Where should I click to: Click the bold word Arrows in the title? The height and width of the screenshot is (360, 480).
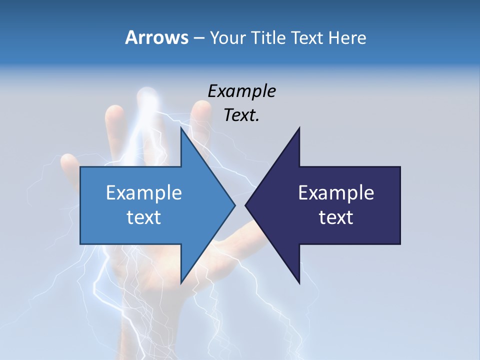(156, 37)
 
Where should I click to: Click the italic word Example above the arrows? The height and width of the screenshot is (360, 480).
(241, 91)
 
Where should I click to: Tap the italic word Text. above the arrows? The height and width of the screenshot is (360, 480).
(241, 115)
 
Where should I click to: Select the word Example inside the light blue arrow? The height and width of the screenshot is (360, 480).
(143, 193)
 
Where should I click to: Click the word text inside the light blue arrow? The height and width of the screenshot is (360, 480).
(143, 217)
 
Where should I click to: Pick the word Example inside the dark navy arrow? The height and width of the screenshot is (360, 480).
(336, 193)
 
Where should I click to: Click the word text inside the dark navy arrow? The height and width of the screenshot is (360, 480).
(336, 217)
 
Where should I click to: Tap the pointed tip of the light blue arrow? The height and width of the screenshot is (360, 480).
(235, 205)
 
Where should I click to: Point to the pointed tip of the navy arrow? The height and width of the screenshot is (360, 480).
(245, 205)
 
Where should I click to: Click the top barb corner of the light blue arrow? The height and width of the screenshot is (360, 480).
(180, 127)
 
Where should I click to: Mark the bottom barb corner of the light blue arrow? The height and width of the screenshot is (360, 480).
(180, 283)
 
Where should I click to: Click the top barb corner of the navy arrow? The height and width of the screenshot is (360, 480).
(299, 127)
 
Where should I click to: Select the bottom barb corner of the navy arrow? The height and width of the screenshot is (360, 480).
(299, 283)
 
